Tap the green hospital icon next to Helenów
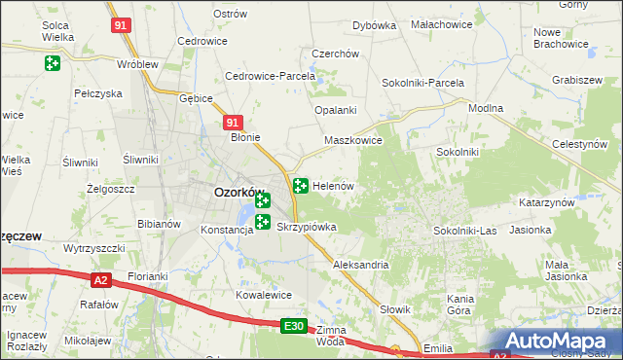[x=301, y=185]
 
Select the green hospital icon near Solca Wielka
[x=52, y=64]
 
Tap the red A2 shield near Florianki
[x=100, y=280]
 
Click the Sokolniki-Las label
[x=465, y=231]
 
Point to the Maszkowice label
[x=352, y=140]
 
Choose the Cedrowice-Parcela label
[x=270, y=76]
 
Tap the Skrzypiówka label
[x=307, y=227]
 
